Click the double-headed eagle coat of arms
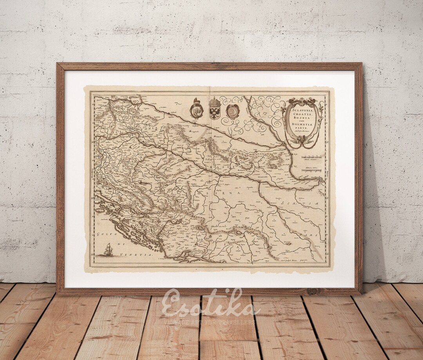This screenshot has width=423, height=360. [x=215, y=108]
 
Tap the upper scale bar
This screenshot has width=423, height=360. [x=312, y=157]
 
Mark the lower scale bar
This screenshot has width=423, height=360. [x=312, y=171]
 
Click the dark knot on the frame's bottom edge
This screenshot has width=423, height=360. [x=312, y=291]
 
